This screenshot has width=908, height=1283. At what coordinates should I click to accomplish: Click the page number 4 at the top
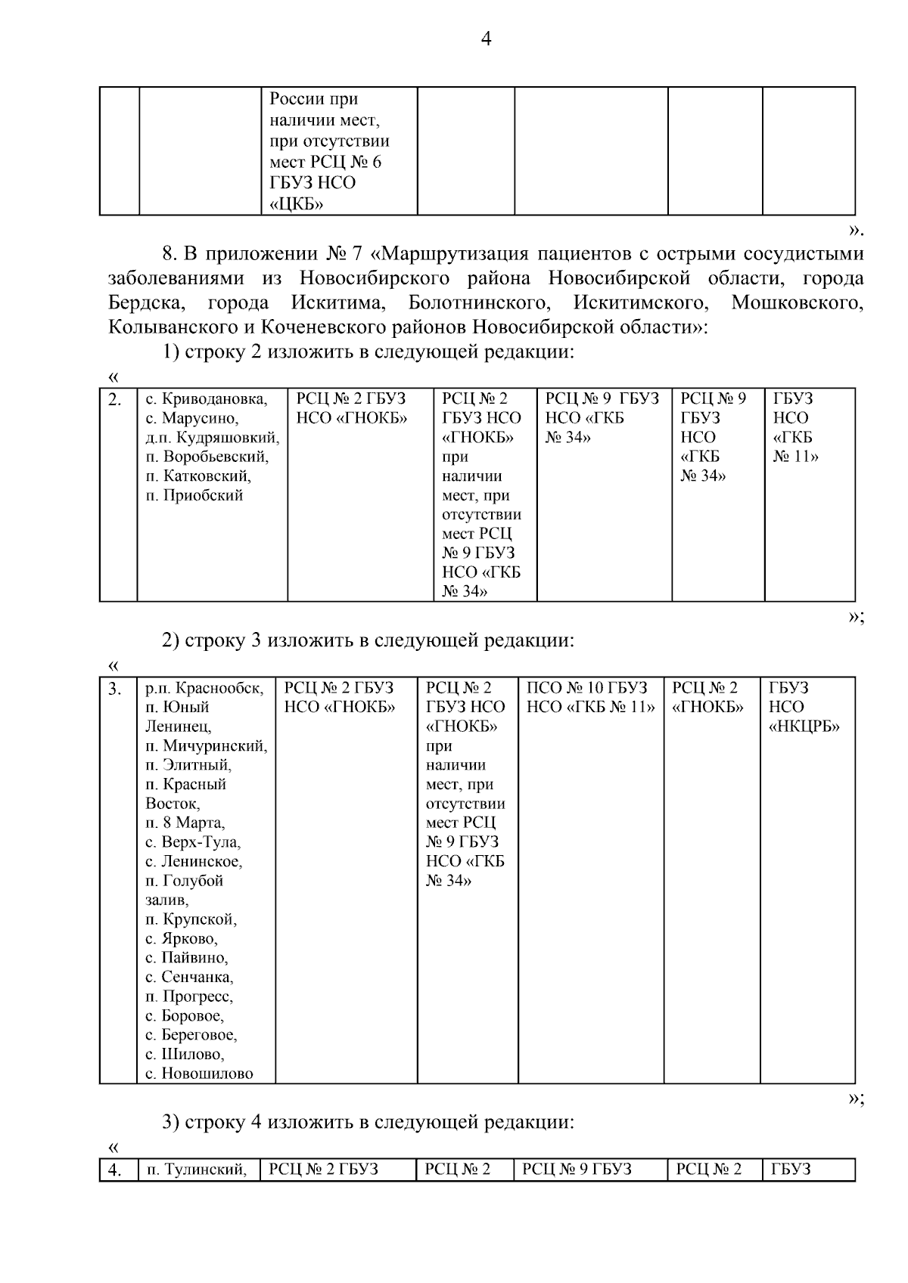point(486,39)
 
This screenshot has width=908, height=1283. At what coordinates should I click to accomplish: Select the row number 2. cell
point(115,400)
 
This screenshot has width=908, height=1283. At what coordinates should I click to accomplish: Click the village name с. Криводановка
point(206,399)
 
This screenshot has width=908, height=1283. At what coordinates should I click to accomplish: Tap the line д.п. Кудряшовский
point(212,438)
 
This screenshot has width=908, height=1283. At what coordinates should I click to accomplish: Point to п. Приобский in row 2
point(194,496)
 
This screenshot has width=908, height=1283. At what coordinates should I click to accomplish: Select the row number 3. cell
point(115,689)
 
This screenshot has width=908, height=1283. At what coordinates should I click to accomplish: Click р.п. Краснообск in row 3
point(204,688)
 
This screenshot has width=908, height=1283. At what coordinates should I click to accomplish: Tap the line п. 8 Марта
point(185,823)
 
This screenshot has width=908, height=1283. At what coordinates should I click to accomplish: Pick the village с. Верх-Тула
point(193,842)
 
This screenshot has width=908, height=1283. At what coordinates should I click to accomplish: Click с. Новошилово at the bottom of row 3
point(199,1074)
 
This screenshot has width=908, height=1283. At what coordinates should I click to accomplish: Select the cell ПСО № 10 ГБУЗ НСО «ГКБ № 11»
point(590,697)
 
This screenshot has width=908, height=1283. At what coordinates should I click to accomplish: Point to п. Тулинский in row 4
point(196,1170)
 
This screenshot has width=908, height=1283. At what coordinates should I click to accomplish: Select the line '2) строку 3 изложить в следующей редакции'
point(368,640)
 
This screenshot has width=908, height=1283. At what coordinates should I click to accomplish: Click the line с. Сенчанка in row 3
point(189,978)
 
